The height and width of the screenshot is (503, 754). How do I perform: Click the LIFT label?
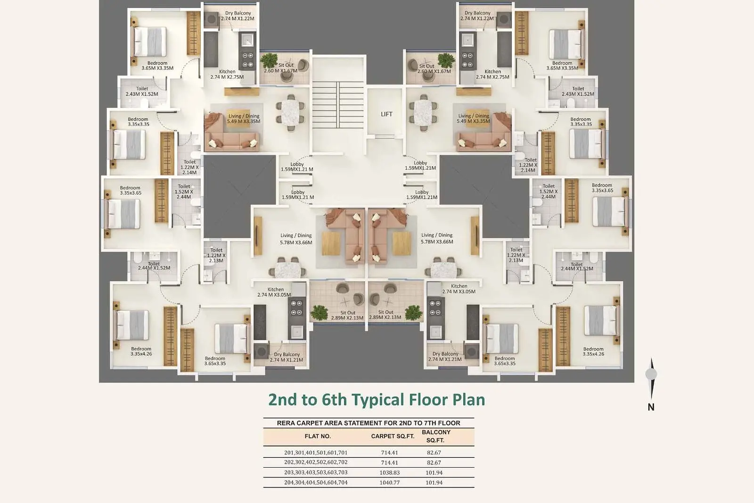[386, 114]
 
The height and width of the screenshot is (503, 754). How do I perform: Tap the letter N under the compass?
[651, 407]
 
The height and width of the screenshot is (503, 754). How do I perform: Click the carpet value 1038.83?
[389, 473]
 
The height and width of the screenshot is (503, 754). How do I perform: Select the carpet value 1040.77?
[389, 482]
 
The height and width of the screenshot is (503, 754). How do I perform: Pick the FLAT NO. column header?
[318, 436]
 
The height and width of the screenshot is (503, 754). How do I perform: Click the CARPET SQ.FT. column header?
[393, 436]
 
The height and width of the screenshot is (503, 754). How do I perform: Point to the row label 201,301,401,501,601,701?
[316, 453]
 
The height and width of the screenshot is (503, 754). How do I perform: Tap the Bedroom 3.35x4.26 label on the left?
[141, 351]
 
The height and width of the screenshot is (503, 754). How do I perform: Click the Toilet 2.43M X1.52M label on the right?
[578, 92]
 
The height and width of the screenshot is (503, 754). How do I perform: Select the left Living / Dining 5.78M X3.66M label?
[296, 239]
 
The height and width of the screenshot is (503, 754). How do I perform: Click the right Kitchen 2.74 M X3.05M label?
[459, 289]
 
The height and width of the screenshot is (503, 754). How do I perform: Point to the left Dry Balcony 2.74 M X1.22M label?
[238, 16]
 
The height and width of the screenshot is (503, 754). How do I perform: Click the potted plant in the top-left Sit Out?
[269, 61]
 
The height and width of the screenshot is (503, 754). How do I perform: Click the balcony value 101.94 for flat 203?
[434, 473]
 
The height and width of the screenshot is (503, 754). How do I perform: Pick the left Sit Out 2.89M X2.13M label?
[347, 315]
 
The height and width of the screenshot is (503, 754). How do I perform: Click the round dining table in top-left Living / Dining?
[290, 113]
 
